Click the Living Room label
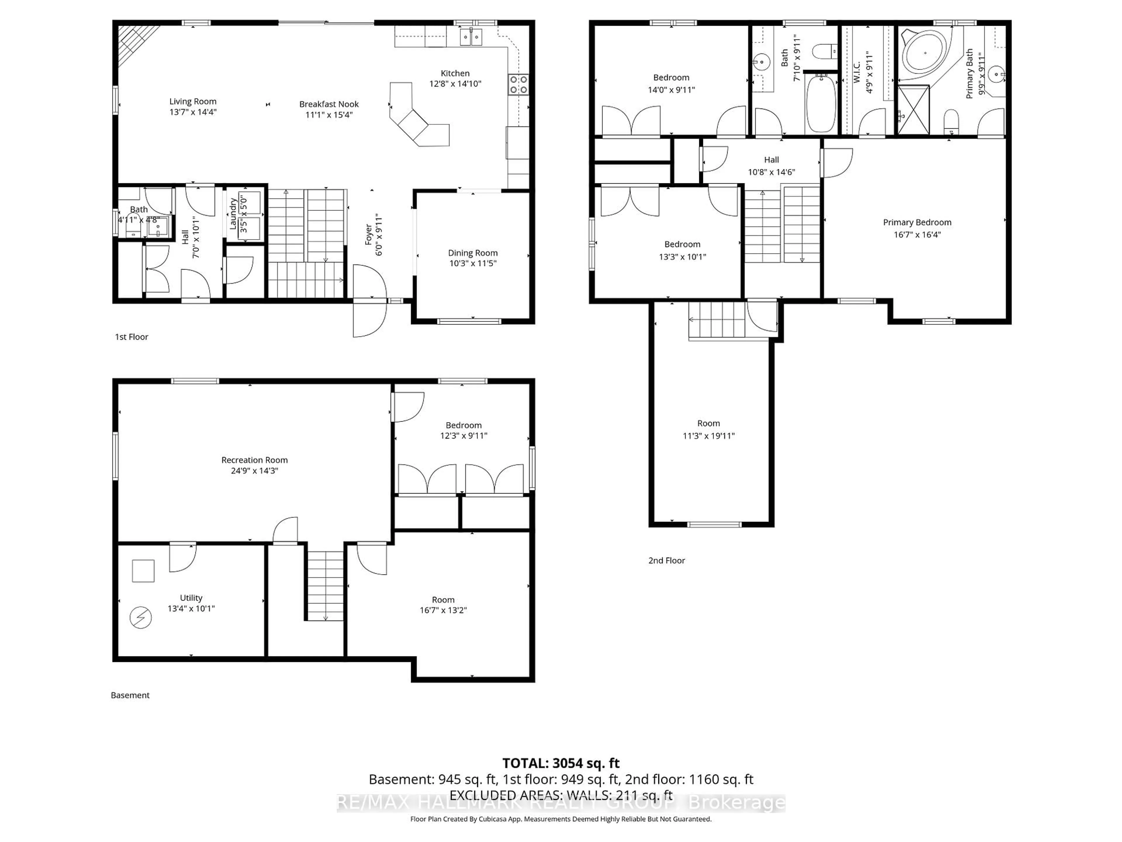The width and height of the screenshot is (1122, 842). tap(193, 101)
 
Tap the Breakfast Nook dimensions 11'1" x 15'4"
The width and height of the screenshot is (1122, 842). tap(329, 115)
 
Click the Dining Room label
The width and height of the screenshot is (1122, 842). tap(473, 253)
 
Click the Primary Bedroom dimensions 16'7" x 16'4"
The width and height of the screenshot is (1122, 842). tap(917, 234)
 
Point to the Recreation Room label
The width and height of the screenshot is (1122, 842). tap(254, 460)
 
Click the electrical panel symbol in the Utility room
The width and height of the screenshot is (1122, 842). tap(141, 618)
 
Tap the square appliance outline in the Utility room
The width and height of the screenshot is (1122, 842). tap(143, 571)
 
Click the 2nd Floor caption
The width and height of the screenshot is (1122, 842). tap(666, 560)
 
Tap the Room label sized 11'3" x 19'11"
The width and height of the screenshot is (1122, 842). tap(709, 423)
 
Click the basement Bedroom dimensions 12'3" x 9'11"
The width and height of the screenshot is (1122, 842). tap(464, 435)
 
